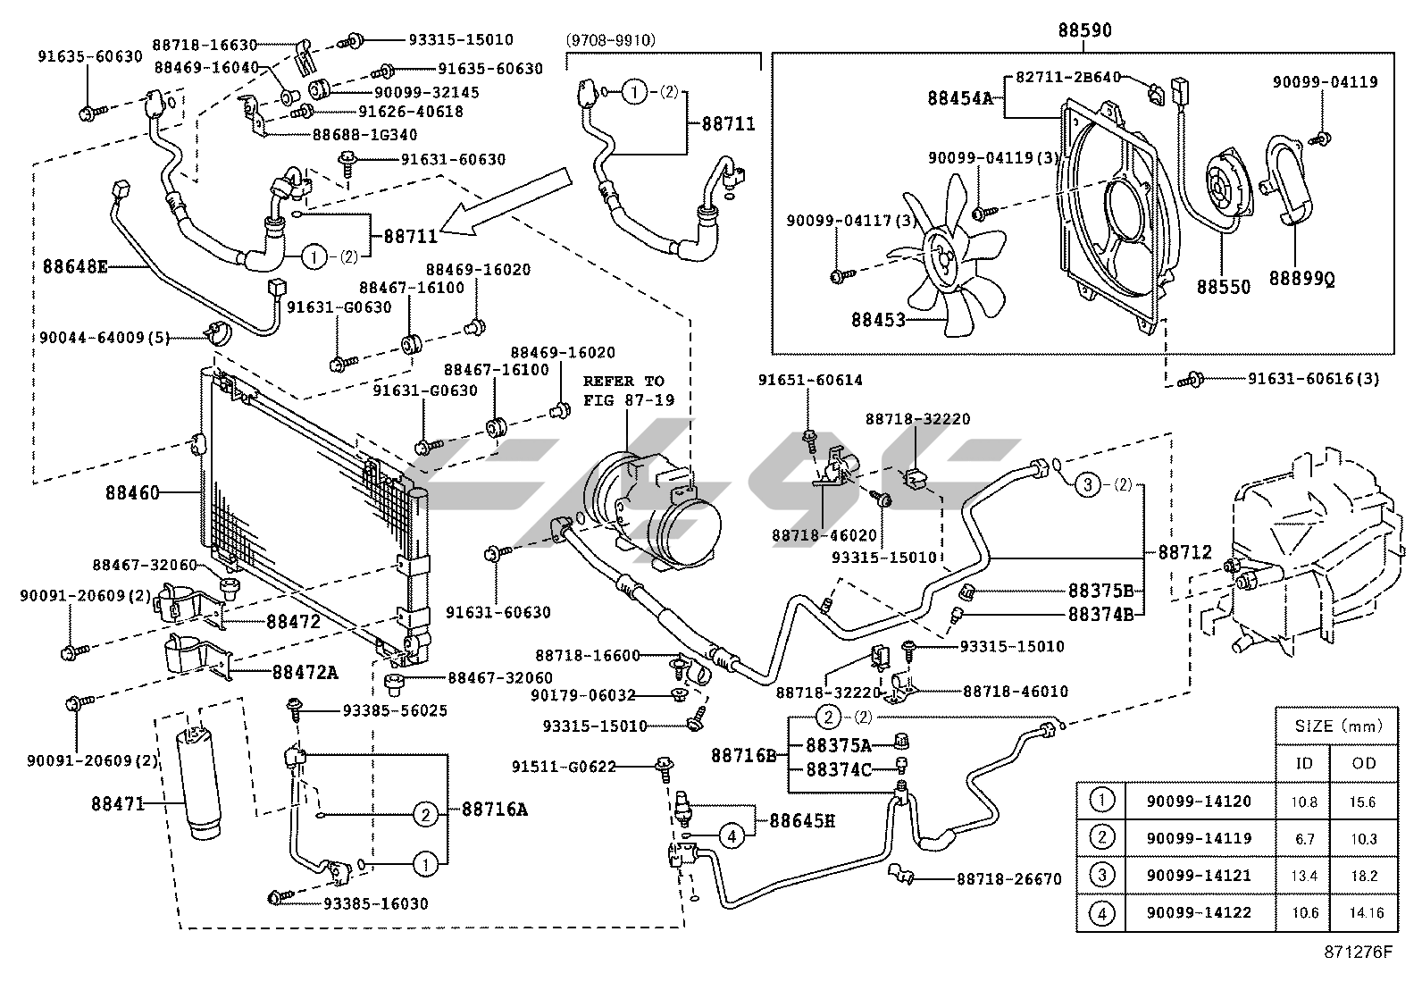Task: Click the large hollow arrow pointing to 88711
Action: click(509, 203)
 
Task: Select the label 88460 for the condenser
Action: click(132, 492)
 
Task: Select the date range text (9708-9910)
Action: click(611, 39)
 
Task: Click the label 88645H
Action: click(801, 819)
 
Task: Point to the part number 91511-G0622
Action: click(564, 767)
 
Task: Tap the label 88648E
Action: click(75, 265)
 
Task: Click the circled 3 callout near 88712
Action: click(1087, 485)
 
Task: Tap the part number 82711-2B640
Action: click(1067, 78)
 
